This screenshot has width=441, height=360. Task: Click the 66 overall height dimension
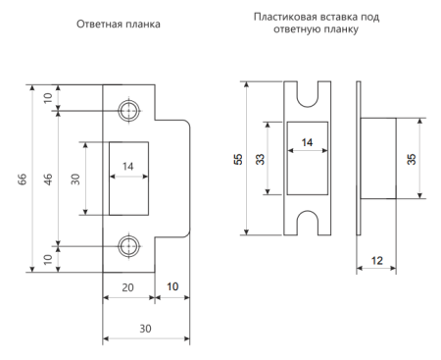pos(23,180)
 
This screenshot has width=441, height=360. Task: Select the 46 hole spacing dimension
pos(48,180)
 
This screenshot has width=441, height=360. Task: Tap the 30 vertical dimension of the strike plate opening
pos(75,180)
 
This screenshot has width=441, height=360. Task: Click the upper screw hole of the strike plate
pos(129,111)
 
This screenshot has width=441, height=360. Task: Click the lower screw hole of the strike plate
pos(129,246)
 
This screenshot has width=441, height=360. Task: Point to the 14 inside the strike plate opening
pos(128,167)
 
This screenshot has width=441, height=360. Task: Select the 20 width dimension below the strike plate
pos(128,287)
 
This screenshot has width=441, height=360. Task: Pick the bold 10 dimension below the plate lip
pos(172,286)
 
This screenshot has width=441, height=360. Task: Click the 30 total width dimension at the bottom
pos(146,329)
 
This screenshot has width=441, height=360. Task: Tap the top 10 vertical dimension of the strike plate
pos(48,98)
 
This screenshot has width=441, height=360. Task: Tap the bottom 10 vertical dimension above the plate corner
pos(48,259)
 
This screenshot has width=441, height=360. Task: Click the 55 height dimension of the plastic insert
pos(239,159)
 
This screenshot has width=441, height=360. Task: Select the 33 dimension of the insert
pos(260,159)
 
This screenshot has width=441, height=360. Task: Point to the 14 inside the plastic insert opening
pos(307,142)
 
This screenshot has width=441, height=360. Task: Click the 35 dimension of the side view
pos(412,159)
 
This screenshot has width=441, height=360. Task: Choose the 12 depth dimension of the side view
pos(377,261)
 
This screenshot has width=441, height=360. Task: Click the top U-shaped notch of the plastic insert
pos(307,106)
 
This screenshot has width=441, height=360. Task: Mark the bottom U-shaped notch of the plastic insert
pos(307,211)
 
